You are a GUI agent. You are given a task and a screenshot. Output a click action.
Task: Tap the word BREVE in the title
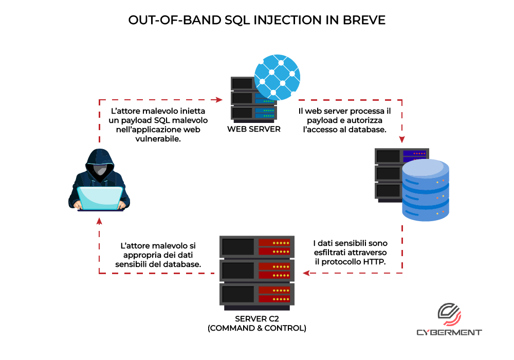(364, 21)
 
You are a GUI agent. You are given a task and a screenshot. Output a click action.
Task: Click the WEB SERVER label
(254, 129)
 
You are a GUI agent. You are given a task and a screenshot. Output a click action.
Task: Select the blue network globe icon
(277, 77)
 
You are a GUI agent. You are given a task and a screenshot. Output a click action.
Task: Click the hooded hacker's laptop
(100, 199)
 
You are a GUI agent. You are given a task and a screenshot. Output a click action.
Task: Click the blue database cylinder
(426, 190)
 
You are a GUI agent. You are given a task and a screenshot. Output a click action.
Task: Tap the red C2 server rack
(257, 273)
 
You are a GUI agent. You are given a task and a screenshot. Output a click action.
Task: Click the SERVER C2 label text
(257, 319)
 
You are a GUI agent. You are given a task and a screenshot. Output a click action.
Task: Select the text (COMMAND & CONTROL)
(257, 328)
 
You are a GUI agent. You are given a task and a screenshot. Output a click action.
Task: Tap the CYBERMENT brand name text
(449, 332)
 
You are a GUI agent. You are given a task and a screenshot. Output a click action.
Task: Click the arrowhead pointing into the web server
(219, 100)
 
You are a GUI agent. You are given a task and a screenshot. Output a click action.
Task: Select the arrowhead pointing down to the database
(402, 139)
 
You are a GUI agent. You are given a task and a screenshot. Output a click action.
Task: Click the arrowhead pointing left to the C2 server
(306, 273)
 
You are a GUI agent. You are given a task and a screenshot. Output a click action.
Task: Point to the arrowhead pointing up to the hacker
(99, 221)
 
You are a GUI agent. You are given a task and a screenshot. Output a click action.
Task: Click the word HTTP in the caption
(374, 262)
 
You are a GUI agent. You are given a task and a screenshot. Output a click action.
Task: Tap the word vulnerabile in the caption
(158, 139)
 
